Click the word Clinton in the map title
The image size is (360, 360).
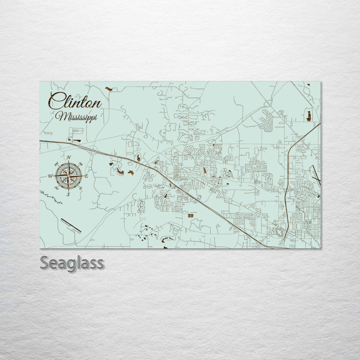point(74,102)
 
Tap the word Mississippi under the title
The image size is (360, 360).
point(77,117)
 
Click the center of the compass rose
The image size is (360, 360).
point(68,175)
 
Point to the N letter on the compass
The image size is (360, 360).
point(68,158)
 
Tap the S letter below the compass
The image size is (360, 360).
point(68,194)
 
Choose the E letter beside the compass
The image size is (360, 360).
point(86,176)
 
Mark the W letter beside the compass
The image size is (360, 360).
point(50,176)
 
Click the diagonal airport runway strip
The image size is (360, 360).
point(70,225)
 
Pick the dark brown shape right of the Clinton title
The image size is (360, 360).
point(109,89)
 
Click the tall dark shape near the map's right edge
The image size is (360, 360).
point(308,116)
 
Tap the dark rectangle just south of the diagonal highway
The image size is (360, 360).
point(190,215)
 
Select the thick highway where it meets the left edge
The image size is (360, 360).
point(42,141)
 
